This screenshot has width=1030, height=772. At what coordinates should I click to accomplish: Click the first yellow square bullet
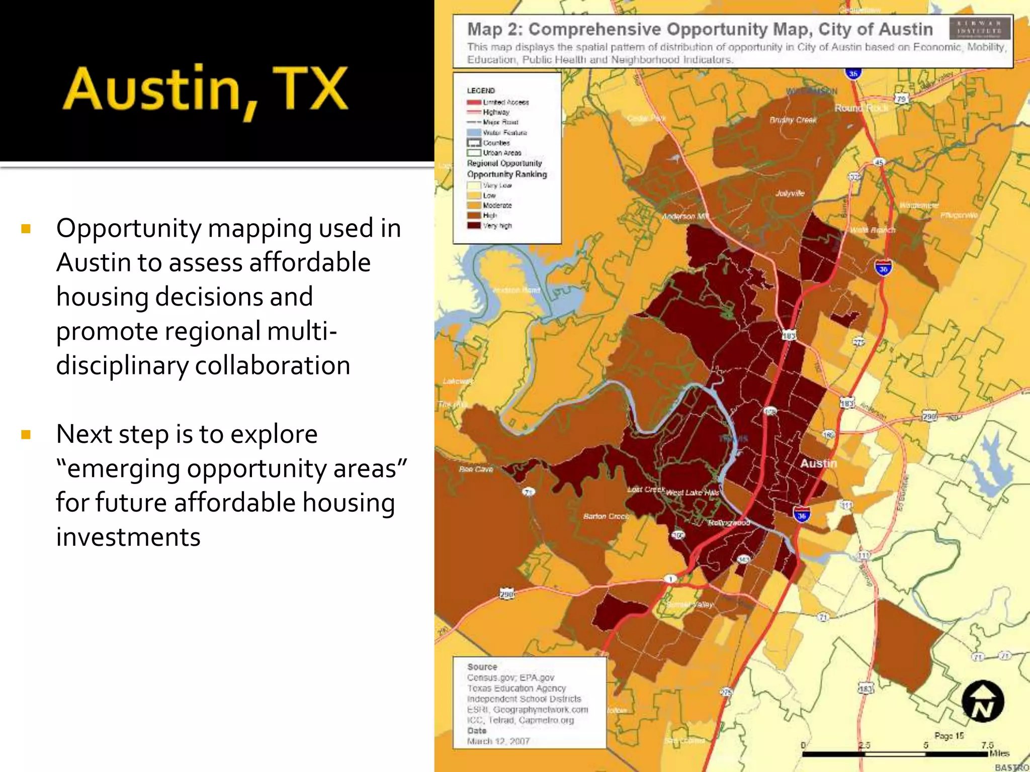point(26,230)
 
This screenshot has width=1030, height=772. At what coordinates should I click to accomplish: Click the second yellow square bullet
point(26,435)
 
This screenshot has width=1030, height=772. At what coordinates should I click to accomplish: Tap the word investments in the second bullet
point(128,537)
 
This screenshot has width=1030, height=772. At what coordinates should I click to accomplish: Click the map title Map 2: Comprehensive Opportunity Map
point(699,29)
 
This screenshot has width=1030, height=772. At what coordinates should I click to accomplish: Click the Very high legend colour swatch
point(474,226)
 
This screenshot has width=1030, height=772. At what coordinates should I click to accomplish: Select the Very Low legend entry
point(496,185)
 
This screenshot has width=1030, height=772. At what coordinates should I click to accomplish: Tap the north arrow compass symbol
point(982,702)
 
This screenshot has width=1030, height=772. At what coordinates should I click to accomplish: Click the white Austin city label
point(818,463)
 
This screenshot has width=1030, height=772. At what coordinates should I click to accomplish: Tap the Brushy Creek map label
point(793,120)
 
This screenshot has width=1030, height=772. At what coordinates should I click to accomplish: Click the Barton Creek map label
point(606,516)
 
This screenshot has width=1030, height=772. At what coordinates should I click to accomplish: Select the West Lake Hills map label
point(692,493)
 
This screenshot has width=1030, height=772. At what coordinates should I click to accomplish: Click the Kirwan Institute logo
point(979,29)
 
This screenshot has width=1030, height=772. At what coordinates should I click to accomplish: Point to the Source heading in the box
point(482,667)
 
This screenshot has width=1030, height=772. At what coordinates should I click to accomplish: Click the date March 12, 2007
point(498,741)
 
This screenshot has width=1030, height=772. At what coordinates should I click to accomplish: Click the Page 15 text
point(949,736)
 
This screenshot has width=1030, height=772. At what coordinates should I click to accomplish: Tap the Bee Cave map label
point(476,469)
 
